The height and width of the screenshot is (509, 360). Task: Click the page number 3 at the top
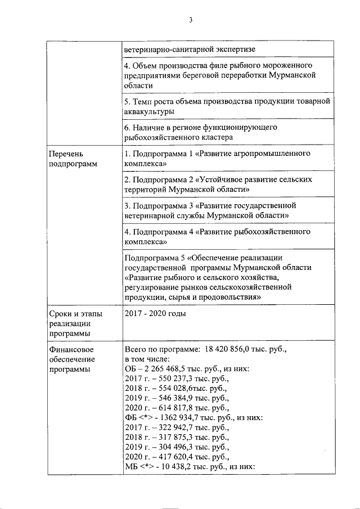[191, 21]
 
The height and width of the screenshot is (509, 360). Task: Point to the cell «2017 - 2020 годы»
[155, 314]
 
